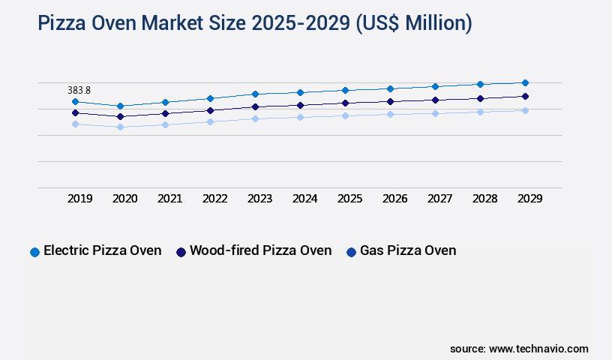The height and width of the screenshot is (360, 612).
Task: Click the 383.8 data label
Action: [79, 90]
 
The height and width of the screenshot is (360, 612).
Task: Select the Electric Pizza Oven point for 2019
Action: [75, 101]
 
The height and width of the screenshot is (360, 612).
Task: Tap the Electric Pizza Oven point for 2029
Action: [525, 82]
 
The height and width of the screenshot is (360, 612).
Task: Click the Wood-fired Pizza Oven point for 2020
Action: [120, 116]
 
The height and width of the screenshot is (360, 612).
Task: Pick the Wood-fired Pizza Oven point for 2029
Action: [525, 96]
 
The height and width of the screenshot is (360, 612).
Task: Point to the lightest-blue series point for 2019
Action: [75, 124]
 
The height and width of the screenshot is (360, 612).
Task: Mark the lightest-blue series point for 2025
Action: [345, 115]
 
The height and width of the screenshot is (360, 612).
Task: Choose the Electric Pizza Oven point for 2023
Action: [255, 94]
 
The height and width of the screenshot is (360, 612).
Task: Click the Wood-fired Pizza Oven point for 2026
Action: [390, 101]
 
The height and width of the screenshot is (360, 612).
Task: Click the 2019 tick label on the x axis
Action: [79, 199]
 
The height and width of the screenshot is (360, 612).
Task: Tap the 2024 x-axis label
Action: [304, 199]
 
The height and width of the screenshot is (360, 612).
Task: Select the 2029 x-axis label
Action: [529, 199]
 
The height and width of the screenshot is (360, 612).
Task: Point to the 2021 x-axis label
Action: [169, 199]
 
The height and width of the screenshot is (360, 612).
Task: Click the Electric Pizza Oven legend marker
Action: [34, 252]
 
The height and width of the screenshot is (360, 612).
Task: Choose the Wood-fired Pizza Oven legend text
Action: [260, 250]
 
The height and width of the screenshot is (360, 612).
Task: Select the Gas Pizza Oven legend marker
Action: [351, 252]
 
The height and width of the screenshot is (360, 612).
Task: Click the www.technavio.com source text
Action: [538, 349]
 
